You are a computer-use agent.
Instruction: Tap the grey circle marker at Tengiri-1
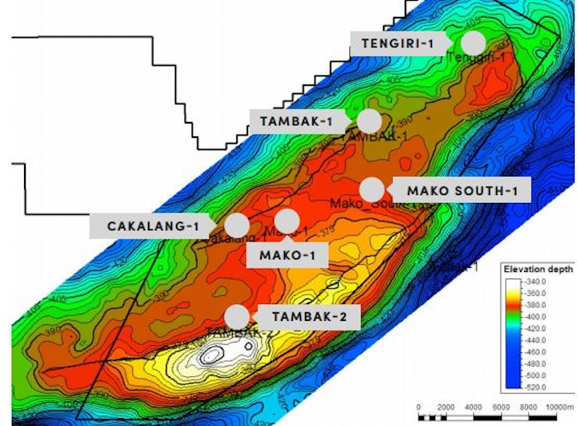pyautogui.click(x=474, y=43)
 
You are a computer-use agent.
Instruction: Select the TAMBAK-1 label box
pyautogui.click(x=298, y=121)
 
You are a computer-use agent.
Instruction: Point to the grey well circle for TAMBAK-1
pyautogui.click(x=368, y=121)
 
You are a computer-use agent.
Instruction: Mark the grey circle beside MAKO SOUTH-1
pyautogui.click(x=371, y=190)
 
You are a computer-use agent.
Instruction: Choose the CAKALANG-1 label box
pyautogui.click(x=152, y=225)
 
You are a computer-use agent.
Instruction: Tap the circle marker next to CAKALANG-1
pyautogui.click(x=237, y=225)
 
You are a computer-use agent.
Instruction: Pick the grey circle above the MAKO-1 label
pyautogui.click(x=287, y=221)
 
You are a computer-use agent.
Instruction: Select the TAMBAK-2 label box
pyautogui.click(x=309, y=316)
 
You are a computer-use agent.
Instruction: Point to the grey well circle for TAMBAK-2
pyautogui.click(x=237, y=316)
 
